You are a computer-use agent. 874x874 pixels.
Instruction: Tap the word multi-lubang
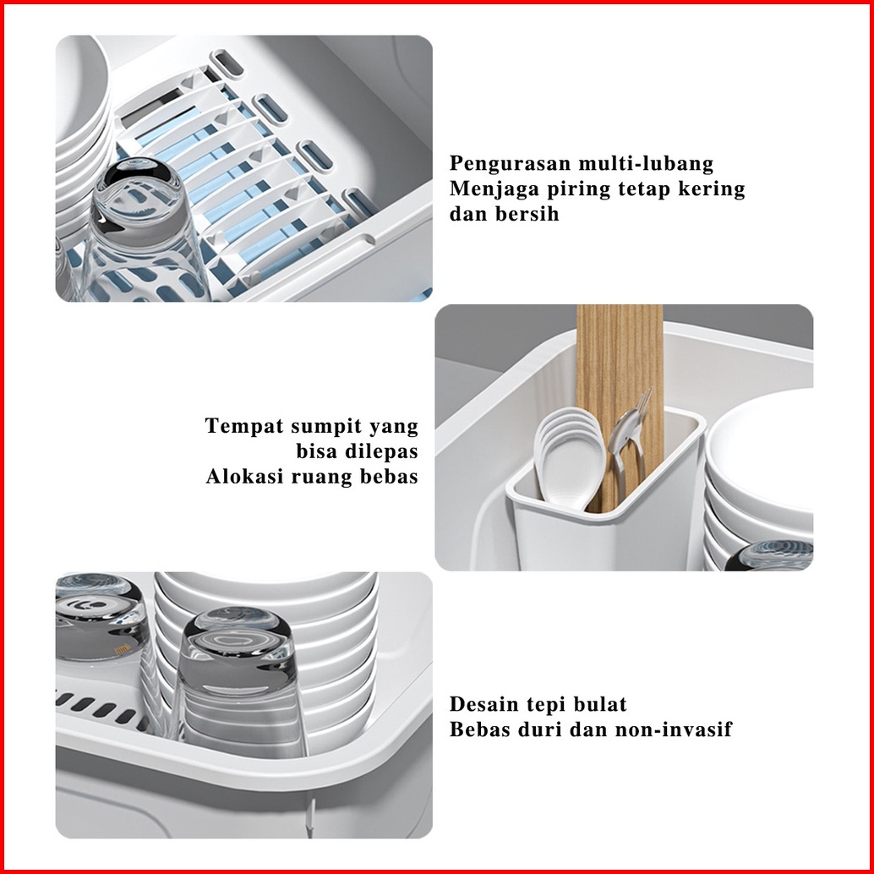click(646, 163)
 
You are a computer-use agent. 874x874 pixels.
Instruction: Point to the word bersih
click(527, 214)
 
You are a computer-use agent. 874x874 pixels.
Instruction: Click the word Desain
click(483, 704)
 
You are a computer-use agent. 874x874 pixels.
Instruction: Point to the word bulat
click(600, 704)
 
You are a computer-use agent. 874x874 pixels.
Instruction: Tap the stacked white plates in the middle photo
click(759, 479)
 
